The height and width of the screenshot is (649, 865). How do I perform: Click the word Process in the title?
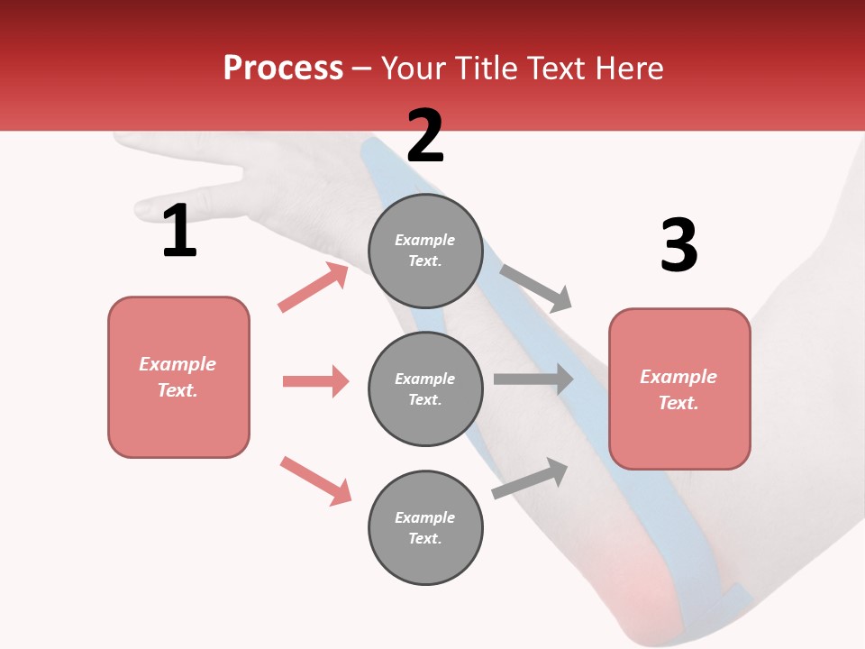(283, 69)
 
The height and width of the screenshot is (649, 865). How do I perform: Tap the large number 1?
(179, 232)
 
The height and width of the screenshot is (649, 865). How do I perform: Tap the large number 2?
(425, 136)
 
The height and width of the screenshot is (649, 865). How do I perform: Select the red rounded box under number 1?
(178, 377)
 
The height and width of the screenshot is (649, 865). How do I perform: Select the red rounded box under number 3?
(679, 389)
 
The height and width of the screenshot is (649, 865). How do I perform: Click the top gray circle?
(425, 251)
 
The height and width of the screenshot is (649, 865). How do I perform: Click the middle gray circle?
(425, 388)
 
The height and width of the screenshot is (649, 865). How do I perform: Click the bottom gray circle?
(425, 527)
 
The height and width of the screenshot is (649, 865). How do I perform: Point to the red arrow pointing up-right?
(314, 288)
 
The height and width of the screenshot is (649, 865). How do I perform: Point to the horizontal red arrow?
(315, 381)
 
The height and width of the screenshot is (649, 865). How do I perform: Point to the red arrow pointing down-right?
(315, 480)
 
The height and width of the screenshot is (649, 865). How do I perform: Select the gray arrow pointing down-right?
(536, 288)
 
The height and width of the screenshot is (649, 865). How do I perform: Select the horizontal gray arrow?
(533, 379)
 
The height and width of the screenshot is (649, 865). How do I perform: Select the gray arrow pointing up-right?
(531, 478)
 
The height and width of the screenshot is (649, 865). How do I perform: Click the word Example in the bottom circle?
(425, 517)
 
